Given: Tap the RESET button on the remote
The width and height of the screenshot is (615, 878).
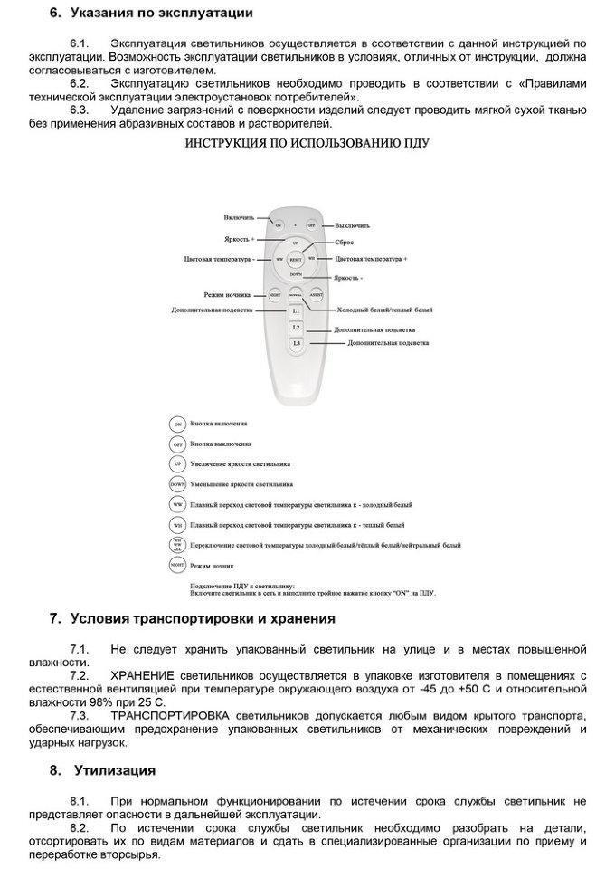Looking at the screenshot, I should (x=295, y=258).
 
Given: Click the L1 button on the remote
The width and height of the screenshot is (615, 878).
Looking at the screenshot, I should (x=295, y=310).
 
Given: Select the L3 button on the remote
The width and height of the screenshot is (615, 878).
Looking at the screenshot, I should (x=295, y=344).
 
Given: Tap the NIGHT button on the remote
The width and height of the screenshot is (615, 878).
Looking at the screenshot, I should (x=274, y=294).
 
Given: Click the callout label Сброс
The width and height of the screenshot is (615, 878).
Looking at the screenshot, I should (x=344, y=243).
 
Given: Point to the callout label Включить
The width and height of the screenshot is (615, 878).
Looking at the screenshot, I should (x=240, y=218).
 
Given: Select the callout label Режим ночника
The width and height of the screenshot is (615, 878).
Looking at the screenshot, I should (x=226, y=295).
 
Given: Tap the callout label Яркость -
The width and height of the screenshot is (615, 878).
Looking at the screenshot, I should (x=347, y=278).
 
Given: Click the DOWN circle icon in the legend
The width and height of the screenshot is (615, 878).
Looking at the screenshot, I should (x=177, y=484).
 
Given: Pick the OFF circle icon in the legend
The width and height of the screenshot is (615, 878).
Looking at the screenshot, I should (x=177, y=444).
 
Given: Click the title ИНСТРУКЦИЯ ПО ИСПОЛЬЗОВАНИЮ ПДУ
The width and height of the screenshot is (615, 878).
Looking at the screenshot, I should (x=307, y=143).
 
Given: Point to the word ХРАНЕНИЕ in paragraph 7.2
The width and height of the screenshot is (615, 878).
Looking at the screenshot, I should (x=142, y=675).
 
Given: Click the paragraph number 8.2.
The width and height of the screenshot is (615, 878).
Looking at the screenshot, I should (x=80, y=828).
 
